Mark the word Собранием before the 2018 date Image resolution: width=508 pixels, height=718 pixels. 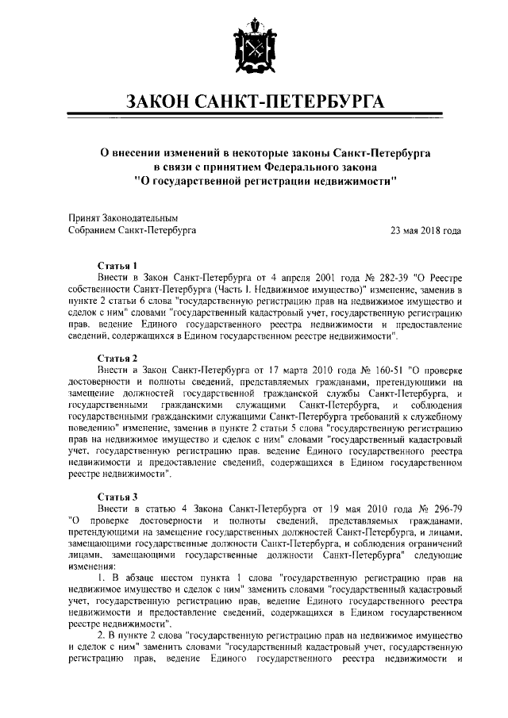(93, 231)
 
